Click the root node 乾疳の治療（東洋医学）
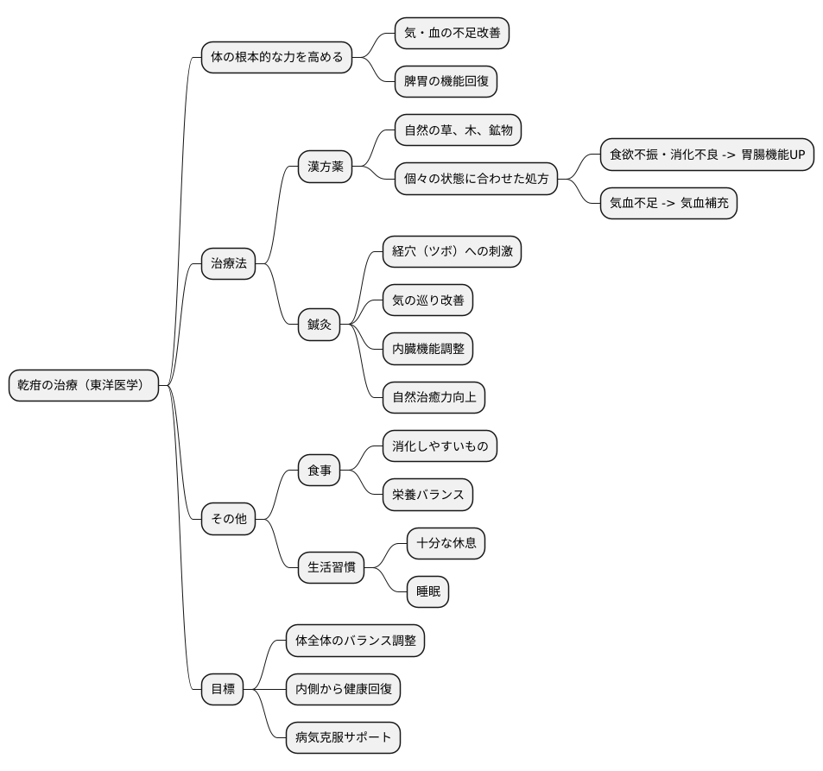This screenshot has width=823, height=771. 84,385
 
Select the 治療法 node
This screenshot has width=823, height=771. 228,263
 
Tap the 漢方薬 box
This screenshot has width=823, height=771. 325,167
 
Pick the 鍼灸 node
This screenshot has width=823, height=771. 320,325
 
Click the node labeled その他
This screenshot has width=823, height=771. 228,519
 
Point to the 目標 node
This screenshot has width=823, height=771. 223,689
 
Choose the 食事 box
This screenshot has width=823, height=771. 320,471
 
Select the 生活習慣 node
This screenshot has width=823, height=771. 332,567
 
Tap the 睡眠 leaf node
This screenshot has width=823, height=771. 427,591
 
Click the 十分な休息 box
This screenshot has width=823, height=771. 446,543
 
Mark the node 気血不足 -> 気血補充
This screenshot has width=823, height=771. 668,203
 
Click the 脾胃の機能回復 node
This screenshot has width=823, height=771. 446,81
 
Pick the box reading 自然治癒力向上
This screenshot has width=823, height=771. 434,397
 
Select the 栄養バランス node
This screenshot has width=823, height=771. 427,495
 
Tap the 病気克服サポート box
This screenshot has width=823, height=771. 343,737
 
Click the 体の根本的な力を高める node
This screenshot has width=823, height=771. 276,57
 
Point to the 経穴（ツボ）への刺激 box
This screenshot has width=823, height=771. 452,251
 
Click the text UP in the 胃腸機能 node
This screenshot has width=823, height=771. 797,155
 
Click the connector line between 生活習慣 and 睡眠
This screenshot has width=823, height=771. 386,579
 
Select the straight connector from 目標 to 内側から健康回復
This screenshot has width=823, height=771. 264,689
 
